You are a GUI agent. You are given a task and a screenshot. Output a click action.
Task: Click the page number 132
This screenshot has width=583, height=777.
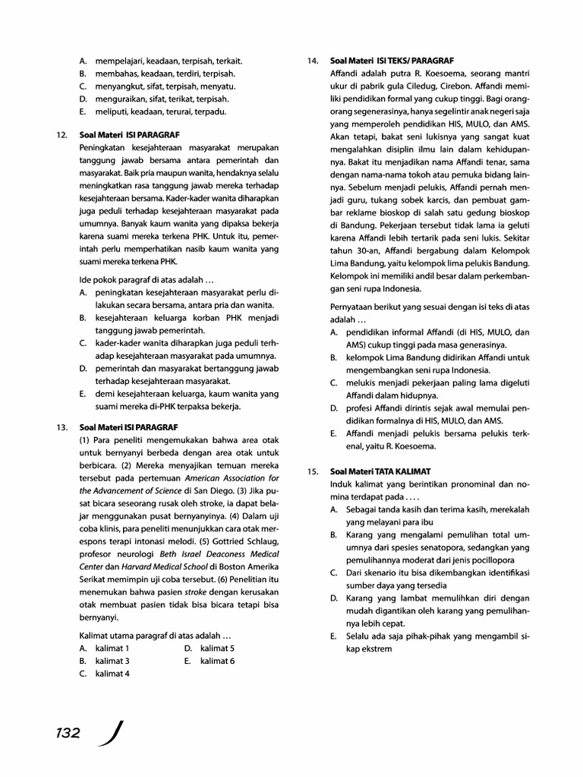[68, 733]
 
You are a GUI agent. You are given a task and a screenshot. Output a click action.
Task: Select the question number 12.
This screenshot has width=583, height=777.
[61, 135]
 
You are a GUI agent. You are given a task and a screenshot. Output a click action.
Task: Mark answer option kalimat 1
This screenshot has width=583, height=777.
[112, 648]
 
